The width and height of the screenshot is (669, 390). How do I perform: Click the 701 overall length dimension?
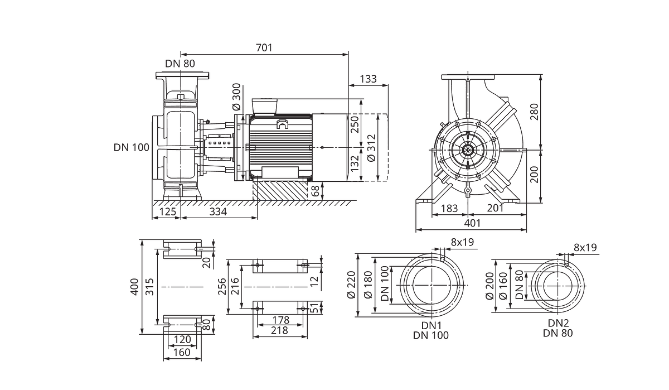pos(264,48)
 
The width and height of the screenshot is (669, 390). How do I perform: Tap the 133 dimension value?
pos(368,79)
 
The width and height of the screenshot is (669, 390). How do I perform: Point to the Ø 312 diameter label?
pos(371,148)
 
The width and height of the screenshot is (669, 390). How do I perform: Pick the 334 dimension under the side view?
pos(218,211)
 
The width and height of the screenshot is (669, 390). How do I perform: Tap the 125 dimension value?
pos(168,211)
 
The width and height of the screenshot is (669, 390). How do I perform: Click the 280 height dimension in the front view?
pos(534,112)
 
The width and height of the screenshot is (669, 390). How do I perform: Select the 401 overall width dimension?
pos(473,223)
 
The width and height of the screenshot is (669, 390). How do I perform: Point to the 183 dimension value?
pos(449,208)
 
